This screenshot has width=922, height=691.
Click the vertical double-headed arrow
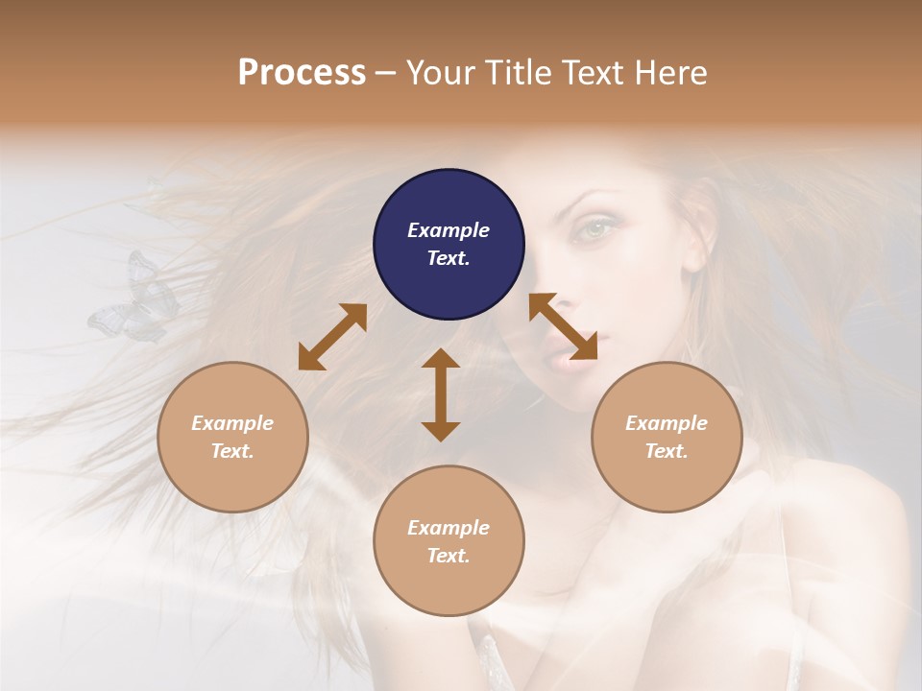[x=441, y=394]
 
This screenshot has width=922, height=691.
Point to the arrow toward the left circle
[x=332, y=337]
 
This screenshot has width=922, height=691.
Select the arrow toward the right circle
[x=563, y=326]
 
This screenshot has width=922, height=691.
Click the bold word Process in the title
[x=302, y=72]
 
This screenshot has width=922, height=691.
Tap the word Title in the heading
[x=517, y=72]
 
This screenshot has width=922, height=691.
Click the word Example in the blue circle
[x=449, y=230]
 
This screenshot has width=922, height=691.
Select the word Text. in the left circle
[x=232, y=451]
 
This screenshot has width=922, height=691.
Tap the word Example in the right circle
[x=667, y=423]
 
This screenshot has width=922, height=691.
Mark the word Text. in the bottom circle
[x=449, y=556]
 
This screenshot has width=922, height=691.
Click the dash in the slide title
[x=386, y=73]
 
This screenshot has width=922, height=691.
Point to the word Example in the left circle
[x=232, y=423]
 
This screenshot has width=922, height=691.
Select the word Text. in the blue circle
[x=449, y=258]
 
